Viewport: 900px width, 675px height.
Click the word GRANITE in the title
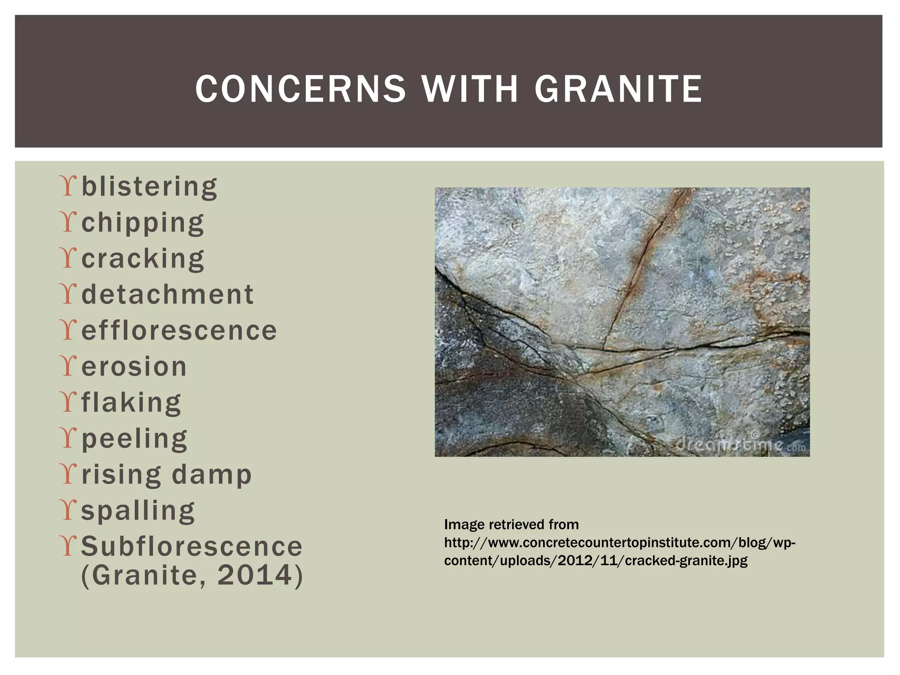coord(618,89)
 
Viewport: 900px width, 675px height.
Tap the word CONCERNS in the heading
coord(301,89)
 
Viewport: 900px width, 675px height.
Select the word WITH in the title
coord(470,89)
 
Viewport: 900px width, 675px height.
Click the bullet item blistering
coord(149,187)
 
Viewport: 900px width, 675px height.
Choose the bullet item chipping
coord(143,223)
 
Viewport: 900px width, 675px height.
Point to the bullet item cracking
coord(143,258)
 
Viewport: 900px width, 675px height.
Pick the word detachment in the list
coord(167,294)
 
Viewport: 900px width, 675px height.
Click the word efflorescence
coord(179,330)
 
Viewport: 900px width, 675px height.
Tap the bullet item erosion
coord(134,367)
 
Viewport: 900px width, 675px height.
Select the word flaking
coord(131,403)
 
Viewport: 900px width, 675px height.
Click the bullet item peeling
coord(134,439)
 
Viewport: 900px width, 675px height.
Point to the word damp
coord(211,475)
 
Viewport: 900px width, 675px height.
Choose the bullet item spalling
coord(138,511)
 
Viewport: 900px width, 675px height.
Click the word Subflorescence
coord(192,546)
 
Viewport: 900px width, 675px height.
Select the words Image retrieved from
coord(511,524)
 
